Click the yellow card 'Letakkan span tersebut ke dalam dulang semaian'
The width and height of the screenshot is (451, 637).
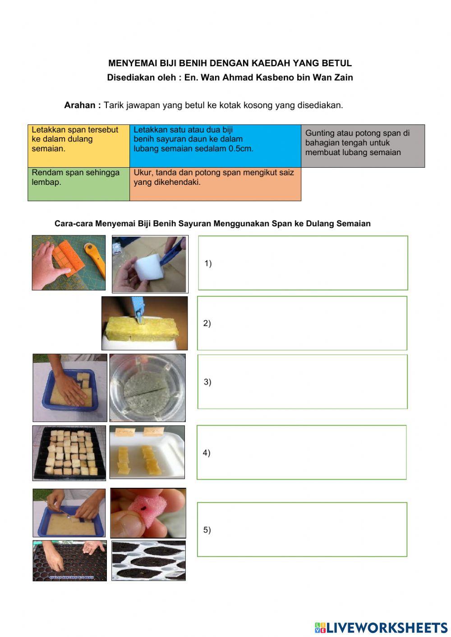(x=78, y=146)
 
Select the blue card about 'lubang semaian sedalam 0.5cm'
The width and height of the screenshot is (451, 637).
(x=215, y=146)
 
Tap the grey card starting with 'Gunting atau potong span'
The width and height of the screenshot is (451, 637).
(x=363, y=146)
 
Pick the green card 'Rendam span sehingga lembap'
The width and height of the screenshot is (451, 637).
(x=78, y=184)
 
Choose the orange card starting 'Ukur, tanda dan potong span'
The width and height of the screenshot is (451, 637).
(x=215, y=184)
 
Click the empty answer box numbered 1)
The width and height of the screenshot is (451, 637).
(x=303, y=263)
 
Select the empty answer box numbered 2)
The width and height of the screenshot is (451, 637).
(x=302, y=323)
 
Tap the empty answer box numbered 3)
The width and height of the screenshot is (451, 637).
(x=303, y=381)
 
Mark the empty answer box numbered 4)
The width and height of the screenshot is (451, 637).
(x=302, y=452)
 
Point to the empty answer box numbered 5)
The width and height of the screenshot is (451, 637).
(x=302, y=529)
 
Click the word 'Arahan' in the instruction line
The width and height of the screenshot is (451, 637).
(x=80, y=105)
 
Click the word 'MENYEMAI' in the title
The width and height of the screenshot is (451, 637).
(x=129, y=64)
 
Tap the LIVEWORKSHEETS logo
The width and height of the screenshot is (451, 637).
(x=381, y=628)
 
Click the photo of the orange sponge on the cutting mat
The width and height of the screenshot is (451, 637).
(x=69, y=262)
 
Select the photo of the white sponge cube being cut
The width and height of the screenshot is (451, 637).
(x=150, y=264)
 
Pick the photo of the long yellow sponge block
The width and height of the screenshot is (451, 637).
(x=144, y=323)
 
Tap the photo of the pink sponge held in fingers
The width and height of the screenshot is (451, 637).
(x=148, y=513)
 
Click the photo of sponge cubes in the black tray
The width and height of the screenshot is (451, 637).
(x=69, y=453)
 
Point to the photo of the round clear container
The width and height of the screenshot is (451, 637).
(x=147, y=387)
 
